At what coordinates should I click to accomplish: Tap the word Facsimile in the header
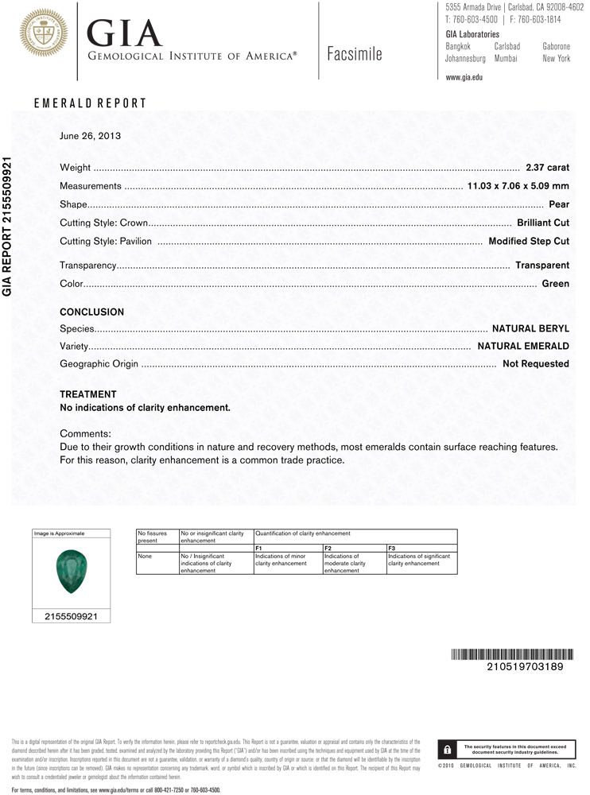click(x=354, y=54)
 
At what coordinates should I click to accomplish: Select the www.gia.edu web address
click(x=464, y=77)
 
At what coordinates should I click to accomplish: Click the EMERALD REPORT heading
click(x=90, y=103)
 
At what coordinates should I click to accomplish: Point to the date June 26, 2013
click(x=90, y=136)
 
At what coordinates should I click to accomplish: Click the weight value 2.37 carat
click(x=547, y=168)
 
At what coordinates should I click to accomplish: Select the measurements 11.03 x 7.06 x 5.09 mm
click(x=518, y=186)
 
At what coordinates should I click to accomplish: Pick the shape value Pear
click(x=559, y=204)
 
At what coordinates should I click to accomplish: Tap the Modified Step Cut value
click(x=529, y=241)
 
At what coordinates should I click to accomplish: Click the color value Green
click(x=555, y=283)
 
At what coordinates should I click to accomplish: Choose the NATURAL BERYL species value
click(x=530, y=328)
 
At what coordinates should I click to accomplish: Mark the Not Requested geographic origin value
click(x=536, y=364)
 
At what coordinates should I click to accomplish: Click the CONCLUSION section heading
click(x=92, y=312)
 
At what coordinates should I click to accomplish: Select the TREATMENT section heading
click(x=88, y=394)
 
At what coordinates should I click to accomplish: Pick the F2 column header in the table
click(x=328, y=549)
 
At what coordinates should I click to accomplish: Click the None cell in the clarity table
click(x=144, y=556)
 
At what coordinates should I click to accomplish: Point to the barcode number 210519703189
click(x=524, y=667)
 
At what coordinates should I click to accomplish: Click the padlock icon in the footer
click(x=447, y=749)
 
